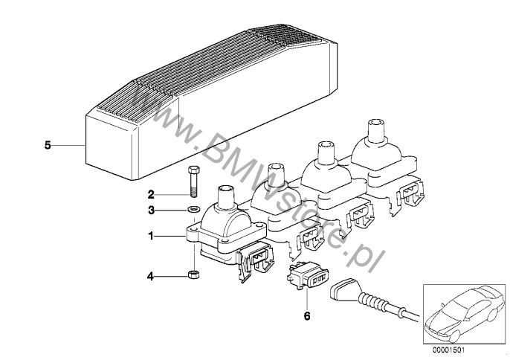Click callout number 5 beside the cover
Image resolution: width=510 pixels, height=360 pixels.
pyautogui.click(x=48, y=145)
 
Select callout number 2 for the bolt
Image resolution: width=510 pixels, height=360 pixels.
pyautogui.click(x=151, y=195)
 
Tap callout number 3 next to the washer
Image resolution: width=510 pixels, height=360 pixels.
pyautogui.click(x=151, y=210)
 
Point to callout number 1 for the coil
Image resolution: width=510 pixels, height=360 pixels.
pyautogui.click(x=151, y=236)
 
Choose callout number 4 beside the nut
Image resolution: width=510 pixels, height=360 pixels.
pyautogui.click(x=150, y=277)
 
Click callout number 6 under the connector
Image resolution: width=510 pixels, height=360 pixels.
pyautogui.click(x=307, y=315)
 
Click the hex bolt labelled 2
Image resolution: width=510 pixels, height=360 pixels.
pyautogui.click(x=193, y=181)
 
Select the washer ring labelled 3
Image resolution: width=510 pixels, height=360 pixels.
pyautogui.click(x=194, y=209)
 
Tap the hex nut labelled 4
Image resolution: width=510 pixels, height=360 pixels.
pyautogui.click(x=194, y=274)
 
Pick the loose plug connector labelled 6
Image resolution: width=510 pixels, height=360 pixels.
pyautogui.click(x=307, y=276)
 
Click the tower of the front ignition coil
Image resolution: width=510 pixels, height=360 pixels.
pyautogui.click(x=225, y=197)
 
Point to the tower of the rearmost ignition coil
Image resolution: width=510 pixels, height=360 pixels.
pyautogui.click(x=375, y=131)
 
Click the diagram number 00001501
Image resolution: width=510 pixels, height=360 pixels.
pyautogui.click(x=449, y=350)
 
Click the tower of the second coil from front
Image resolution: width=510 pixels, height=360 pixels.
pyautogui.click(x=276, y=175)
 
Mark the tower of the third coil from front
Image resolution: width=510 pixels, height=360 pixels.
pyautogui.click(x=326, y=153)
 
